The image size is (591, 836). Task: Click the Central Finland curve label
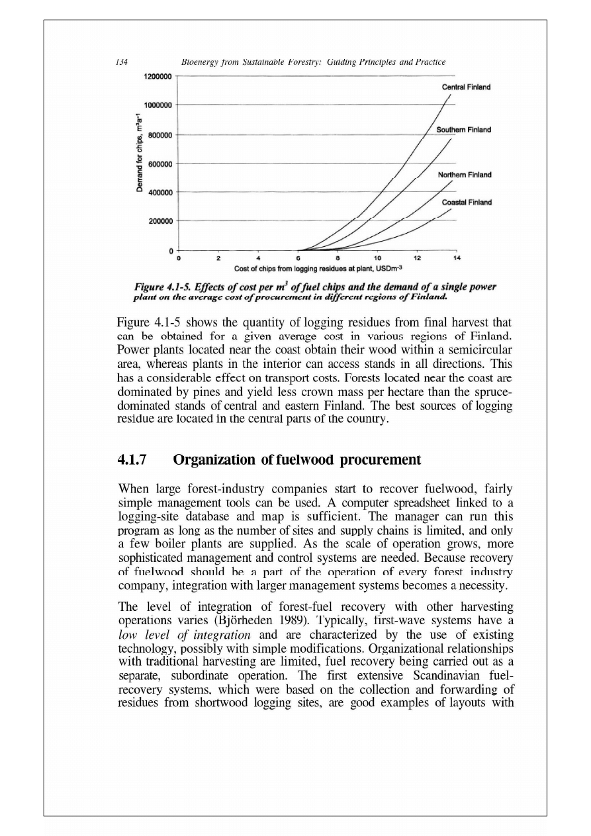click(465, 86)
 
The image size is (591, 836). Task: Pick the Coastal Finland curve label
click(465, 203)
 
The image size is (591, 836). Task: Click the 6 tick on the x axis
click(298, 258)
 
